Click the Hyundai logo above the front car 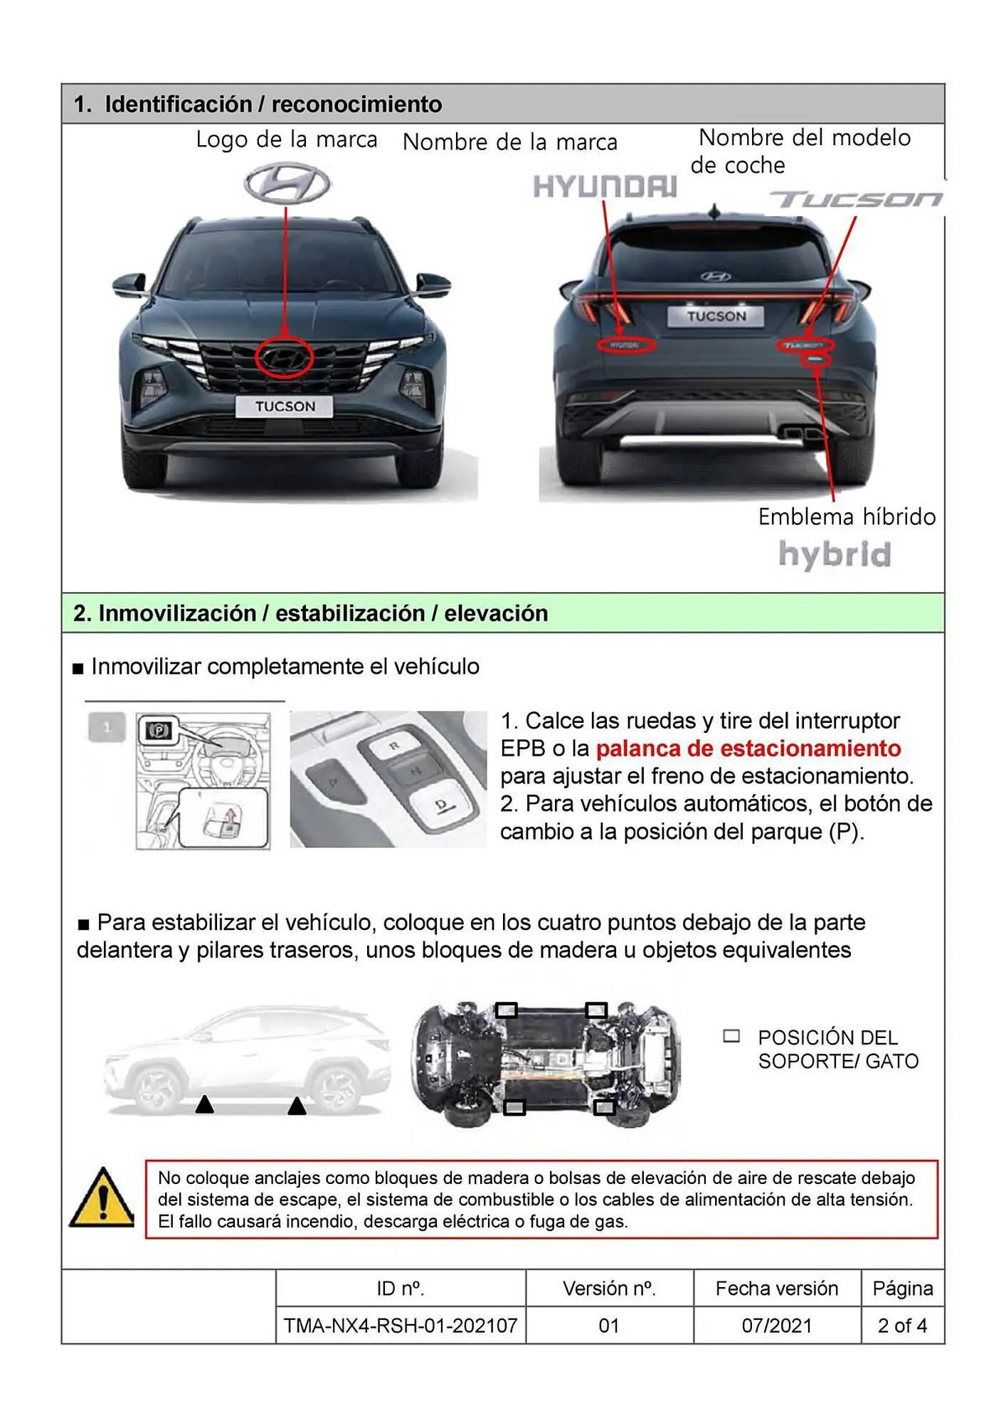[287, 183]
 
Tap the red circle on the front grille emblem [284, 358]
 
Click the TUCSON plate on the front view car [285, 406]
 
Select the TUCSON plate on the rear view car [716, 316]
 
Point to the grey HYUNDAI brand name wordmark [605, 187]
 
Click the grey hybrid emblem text [835, 555]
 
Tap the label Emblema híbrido [847, 517]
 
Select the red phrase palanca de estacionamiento [748, 748]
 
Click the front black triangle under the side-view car [205, 1104]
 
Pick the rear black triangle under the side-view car [297, 1106]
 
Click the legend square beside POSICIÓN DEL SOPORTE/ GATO [731, 1036]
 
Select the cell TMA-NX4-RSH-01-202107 [401, 1326]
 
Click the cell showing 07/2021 [776, 1326]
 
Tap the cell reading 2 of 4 [901, 1326]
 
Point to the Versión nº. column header [609, 1289]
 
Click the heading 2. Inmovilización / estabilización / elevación [310, 613]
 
